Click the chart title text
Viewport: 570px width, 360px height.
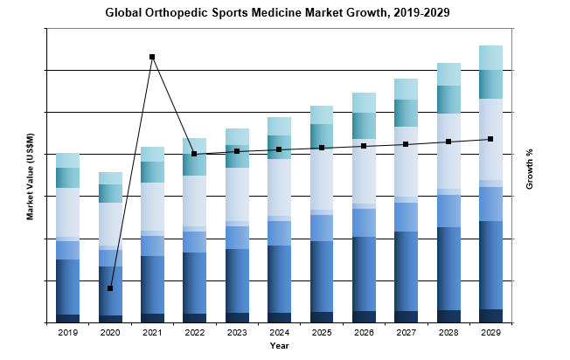284,13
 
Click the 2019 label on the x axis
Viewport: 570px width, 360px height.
67,333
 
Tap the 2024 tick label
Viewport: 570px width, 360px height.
279,333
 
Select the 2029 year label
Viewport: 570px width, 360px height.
490,333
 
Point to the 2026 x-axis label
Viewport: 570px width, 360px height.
364,333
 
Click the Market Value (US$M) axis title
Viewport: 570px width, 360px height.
31,176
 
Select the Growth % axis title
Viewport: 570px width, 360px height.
530,170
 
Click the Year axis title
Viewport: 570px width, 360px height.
279,347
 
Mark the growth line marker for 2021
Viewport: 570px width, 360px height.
152,57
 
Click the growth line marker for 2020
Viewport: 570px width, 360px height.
110,288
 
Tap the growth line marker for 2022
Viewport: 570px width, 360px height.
194,154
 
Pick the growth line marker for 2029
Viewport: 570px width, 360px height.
490,139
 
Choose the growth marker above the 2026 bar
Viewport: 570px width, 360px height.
364,146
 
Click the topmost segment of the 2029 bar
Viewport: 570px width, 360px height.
490,58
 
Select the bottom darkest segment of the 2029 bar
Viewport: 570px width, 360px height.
490,315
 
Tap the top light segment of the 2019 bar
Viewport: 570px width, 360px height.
67,160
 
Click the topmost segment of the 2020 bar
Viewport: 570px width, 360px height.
110,178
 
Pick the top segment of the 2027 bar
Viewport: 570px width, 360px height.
406,89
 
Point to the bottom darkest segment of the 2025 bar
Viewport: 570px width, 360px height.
321,317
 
